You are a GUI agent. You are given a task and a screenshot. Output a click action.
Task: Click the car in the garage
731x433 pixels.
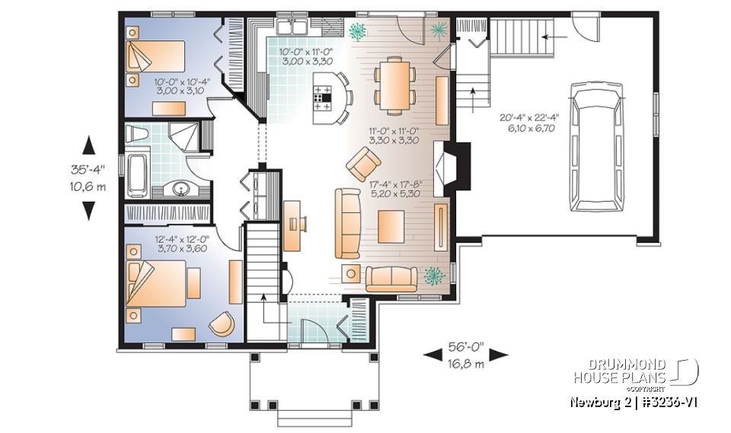point(595,149)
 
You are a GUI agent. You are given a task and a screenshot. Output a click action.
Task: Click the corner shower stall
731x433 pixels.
point(183,137)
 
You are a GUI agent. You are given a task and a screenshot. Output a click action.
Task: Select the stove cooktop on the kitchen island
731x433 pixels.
point(323,96)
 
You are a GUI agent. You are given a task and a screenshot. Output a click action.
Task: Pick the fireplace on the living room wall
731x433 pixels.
point(455,161)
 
